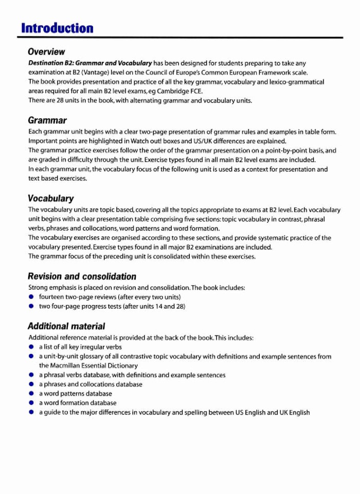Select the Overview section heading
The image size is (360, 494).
pyautogui.click(x=46, y=52)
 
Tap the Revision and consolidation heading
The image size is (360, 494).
pyautogui.click(x=82, y=276)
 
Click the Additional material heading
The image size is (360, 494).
pyautogui.click(x=66, y=326)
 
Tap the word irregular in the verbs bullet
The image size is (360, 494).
pyautogui.click(x=91, y=347)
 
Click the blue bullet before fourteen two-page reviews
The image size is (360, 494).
pyautogui.click(x=31, y=297)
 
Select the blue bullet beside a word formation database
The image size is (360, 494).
pyautogui.click(x=31, y=403)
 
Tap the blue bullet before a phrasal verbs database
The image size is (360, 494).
pyautogui.click(x=31, y=375)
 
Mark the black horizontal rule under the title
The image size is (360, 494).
pyautogui.click(x=180, y=38)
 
